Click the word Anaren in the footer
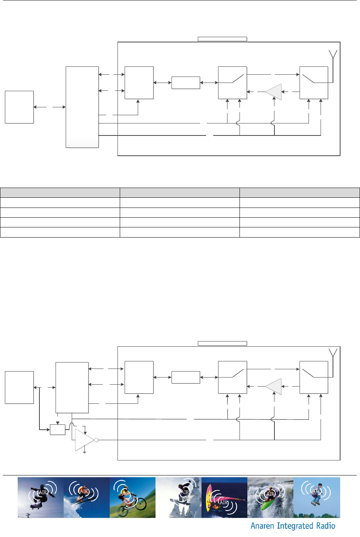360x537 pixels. (x=262, y=526)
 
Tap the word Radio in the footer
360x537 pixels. (x=326, y=526)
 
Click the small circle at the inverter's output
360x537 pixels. (x=96, y=440)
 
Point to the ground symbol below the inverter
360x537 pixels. (x=85, y=453)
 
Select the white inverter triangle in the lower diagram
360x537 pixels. (x=83, y=440)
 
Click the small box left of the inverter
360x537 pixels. (x=57, y=429)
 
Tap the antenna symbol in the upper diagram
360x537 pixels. (x=333, y=55)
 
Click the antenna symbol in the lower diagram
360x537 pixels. (x=333, y=353)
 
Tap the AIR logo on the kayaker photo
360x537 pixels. (x=270, y=494)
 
